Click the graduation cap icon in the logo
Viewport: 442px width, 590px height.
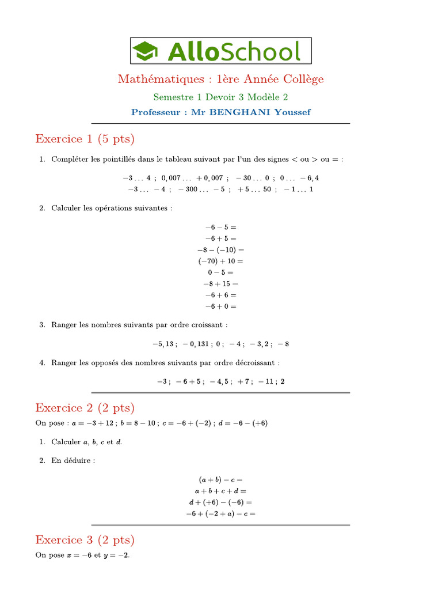(145, 51)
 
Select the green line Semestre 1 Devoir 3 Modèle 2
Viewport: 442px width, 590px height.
(220, 97)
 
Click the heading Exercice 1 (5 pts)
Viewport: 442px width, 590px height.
(85, 139)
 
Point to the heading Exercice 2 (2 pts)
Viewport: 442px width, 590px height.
(85, 408)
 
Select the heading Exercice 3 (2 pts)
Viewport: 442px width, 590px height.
(85, 540)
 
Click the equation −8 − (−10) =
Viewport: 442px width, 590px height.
(221, 250)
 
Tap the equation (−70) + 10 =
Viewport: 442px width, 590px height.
(221, 261)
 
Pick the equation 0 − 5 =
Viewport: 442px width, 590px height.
(221, 273)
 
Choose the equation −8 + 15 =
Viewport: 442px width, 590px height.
(221, 284)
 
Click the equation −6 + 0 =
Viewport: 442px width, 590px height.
(221, 307)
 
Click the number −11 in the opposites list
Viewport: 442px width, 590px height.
(266, 381)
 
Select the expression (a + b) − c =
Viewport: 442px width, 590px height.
(221, 479)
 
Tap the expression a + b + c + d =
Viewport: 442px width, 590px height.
(221, 491)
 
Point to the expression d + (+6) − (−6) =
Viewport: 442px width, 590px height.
(221, 502)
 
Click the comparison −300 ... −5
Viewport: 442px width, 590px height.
(201, 189)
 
